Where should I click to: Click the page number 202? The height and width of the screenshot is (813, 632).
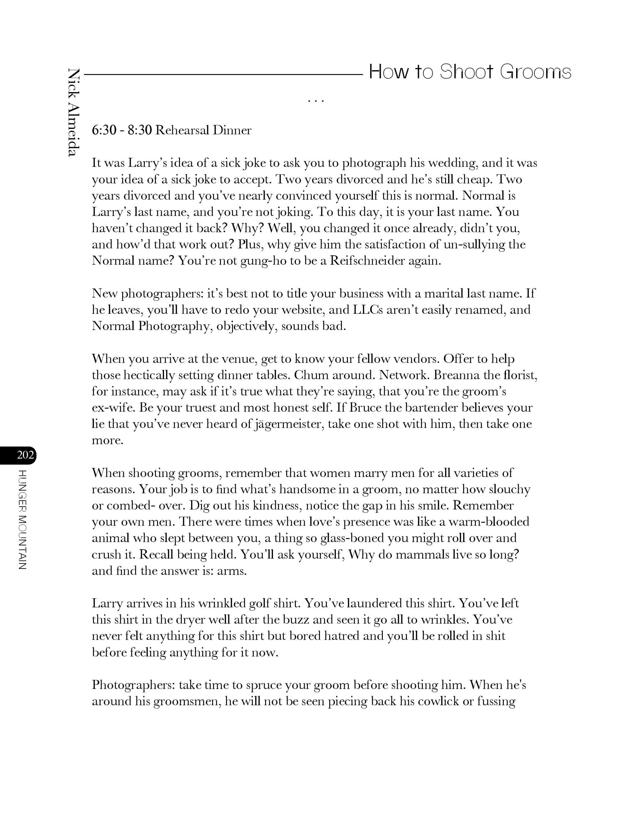point(25,454)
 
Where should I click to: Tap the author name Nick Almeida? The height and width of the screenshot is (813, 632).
point(74,112)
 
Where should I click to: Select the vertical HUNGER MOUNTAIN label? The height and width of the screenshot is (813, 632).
point(22,520)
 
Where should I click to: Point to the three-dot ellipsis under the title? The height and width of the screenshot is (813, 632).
point(316,100)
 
